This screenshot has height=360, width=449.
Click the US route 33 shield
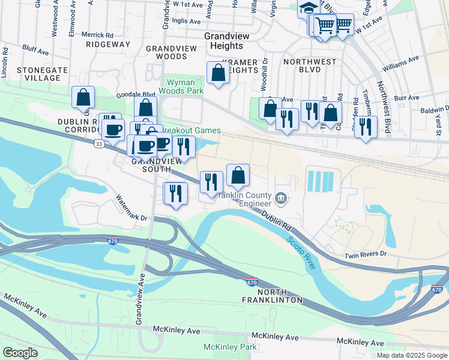98,143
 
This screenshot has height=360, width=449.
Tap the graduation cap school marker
309,8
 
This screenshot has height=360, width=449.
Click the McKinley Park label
230,347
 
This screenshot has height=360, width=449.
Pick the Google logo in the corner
20,352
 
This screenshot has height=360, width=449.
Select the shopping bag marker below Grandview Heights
218,73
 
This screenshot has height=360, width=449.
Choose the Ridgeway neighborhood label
108,44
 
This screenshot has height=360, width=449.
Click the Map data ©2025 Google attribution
412,355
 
